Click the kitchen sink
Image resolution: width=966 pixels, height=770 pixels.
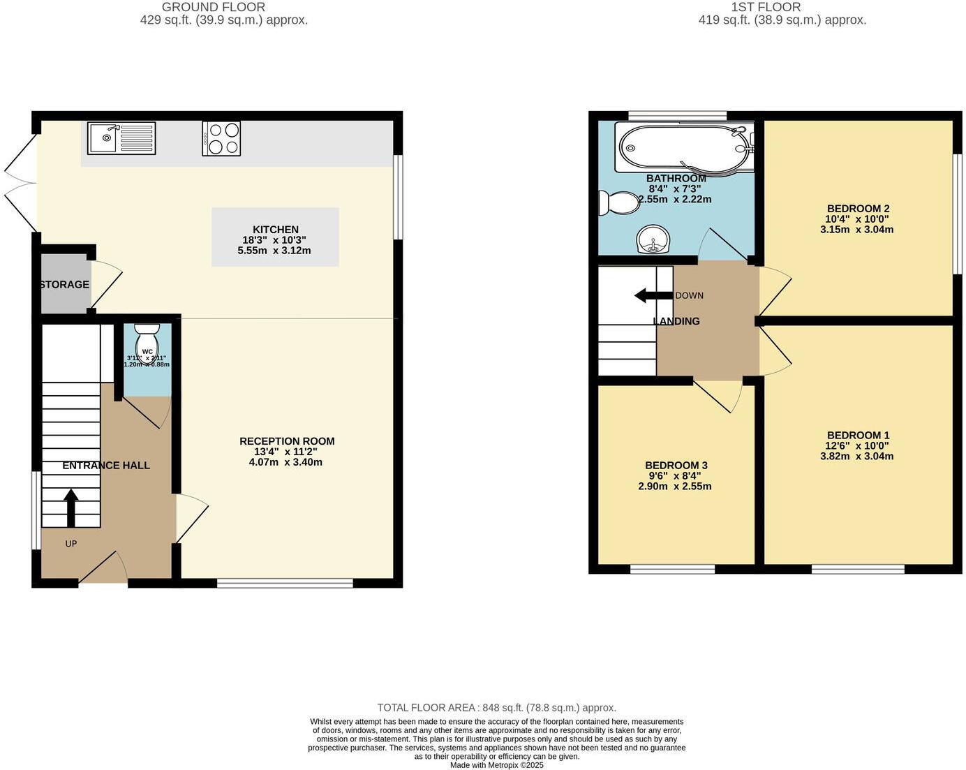[121, 138]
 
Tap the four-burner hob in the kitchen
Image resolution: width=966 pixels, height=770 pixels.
[221, 138]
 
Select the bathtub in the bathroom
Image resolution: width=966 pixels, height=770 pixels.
[684, 147]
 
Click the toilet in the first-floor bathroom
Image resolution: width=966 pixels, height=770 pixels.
[618, 203]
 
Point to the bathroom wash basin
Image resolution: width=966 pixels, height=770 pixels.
[653, 241]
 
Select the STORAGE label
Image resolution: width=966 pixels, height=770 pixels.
[64, 285]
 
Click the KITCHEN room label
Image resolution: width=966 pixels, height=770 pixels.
[276, 230]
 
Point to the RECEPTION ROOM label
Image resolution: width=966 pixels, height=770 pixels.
[287, 441]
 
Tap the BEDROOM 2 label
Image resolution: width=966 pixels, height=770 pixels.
[858, 209]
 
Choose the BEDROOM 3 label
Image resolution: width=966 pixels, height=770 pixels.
[676, 466]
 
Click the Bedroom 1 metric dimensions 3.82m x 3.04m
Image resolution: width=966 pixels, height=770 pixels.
[856, 457]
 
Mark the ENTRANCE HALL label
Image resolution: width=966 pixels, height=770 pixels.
[106, 466]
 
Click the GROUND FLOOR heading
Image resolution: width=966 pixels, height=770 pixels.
[214, 7]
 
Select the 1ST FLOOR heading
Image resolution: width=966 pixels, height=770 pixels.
[766, 7]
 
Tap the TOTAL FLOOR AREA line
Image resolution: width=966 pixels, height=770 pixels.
[496, 708]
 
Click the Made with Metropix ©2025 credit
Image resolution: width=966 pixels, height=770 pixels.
[496, 765]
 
